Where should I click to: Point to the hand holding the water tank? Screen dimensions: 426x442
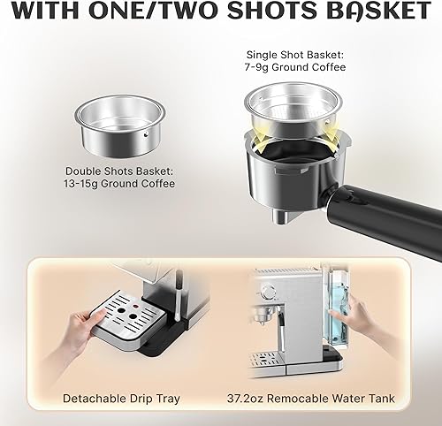tap(357, 314)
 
